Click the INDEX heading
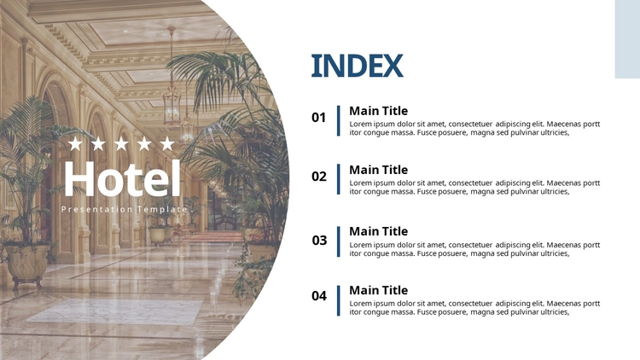coord(358,66)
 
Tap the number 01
coord(319,118)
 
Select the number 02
coord(319,177)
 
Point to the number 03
coord(319,240)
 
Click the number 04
coord(319,295)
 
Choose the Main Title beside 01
coord(378,111)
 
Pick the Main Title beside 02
coord(378,170)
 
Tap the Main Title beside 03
coord(378,231)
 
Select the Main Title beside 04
coord(378,290)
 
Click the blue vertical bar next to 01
coord(339,120)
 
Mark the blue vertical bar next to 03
coord(339,241)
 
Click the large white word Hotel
coord(122,178)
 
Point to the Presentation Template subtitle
coord(124,209)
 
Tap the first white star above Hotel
coord(75,143)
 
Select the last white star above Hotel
coord(167,143)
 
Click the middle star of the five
coord(121,143)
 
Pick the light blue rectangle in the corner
coord(627,39)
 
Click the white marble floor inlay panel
coord(116,312)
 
